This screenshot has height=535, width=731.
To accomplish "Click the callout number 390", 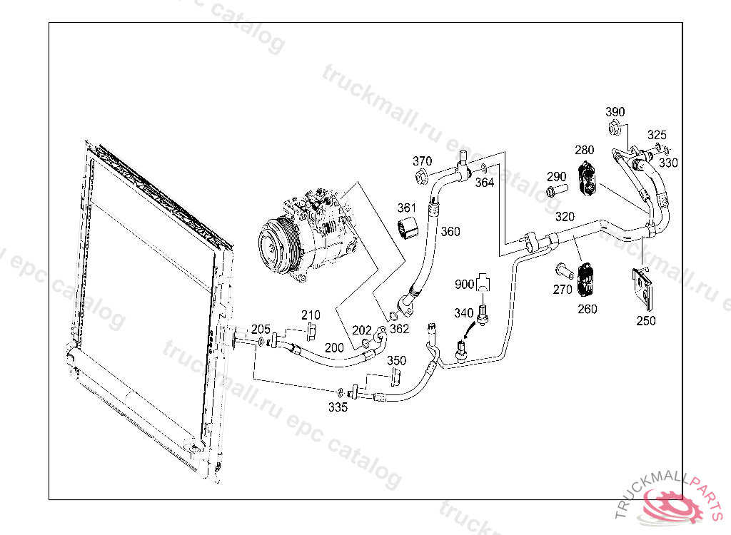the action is tap(615, 112).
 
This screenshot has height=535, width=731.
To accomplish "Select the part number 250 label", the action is tap(646, 321).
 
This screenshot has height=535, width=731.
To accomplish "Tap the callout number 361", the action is tap(406, 208).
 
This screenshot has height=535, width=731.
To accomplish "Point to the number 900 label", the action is tap(464, 285).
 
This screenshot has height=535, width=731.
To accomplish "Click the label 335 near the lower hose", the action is tap(338, 407).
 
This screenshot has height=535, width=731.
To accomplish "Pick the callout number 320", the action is tap(565, 217).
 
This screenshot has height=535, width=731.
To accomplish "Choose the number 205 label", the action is tap(261, 329).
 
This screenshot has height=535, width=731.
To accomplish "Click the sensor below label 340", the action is tap(484, 313).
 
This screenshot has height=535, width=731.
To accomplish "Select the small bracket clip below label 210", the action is tap(311, 333).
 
